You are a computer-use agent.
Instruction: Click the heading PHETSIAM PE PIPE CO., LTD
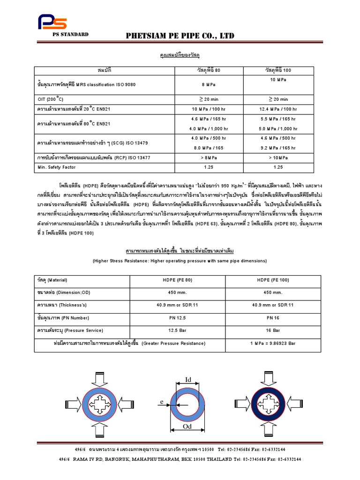(180, 36)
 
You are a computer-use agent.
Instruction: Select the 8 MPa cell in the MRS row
(209, 84)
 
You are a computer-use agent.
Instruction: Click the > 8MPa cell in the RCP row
(209, 157)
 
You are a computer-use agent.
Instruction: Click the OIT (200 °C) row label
(51, 99)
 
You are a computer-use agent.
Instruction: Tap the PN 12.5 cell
(177, 317)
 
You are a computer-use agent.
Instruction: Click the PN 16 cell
(273, 317)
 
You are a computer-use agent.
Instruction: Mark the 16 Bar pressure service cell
(273, 330)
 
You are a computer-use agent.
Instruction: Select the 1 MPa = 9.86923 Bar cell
(273, 343)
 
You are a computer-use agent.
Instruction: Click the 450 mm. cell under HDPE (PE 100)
(273, 292)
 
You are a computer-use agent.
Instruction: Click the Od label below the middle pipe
(187, 427)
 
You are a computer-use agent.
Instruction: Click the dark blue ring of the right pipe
(256, 404)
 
